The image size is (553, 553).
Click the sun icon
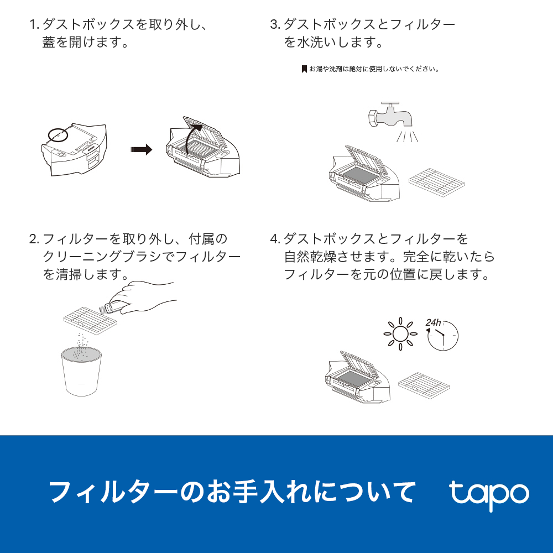(400, 335)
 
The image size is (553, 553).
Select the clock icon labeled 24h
(442, 336)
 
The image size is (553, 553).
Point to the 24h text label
(433, 322)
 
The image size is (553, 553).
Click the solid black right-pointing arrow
(141, 149)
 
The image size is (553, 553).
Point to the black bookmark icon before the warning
(304, 69)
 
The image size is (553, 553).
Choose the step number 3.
(274, 25)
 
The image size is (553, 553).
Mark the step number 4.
(275, 239)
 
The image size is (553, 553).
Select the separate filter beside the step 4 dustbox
(425, 382)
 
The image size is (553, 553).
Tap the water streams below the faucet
(408, 135)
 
